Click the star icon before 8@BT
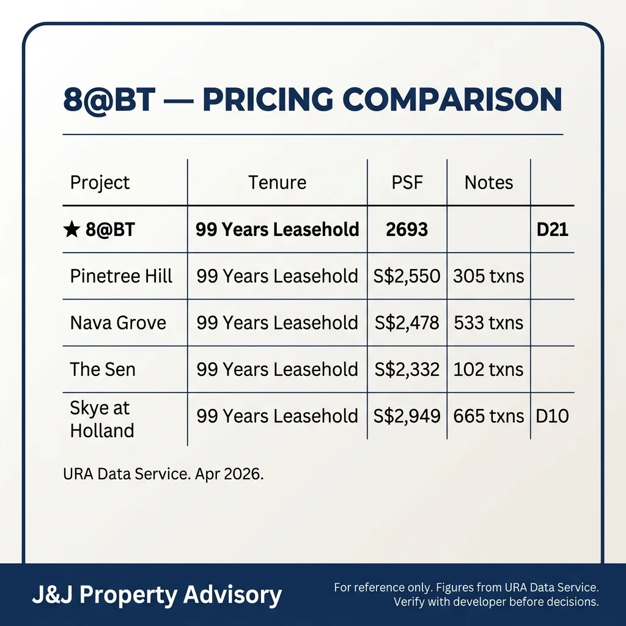pos(71,230)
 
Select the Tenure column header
pos(277,183)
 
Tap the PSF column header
pos(407,183)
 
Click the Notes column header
pos(488,183)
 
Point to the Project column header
pos(100,183)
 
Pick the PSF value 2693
pos(407,230)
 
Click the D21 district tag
pos(552,230)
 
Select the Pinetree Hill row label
pos(121,276)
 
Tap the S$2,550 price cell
pos(407,276)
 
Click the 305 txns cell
pos(488,276)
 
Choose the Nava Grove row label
pos(118,323)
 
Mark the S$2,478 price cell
pos(407,323)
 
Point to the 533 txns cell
pos(488,323)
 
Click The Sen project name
pos(103,369)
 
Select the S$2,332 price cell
pos(407,369)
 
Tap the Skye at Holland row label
pos(102,419)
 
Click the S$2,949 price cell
pos(407,416)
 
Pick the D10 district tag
pos(552,416)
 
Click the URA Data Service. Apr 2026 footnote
pos(163,474)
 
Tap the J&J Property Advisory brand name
pos(157,594)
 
